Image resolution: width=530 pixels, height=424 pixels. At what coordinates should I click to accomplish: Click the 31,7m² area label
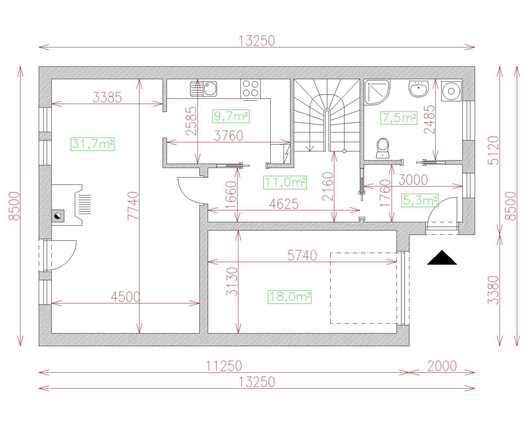93,144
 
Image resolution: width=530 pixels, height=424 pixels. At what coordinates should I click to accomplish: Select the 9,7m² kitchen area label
231,116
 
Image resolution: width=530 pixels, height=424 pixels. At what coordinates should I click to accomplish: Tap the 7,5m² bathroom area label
399,118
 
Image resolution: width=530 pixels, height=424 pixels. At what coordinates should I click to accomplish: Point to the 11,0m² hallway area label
285,183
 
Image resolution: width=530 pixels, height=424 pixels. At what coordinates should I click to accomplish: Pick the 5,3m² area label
420,200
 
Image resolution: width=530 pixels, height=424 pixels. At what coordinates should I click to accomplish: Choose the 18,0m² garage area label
290,297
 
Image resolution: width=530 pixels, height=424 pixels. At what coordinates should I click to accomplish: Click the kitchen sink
204,89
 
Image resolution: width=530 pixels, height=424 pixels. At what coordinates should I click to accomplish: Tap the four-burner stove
250,89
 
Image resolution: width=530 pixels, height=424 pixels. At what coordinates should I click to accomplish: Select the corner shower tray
377,92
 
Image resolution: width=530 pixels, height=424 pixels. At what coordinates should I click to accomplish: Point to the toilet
383,148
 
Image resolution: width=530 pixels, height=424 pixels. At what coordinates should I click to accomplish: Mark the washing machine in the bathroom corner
451,91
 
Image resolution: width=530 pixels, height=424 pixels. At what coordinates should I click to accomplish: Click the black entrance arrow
442,258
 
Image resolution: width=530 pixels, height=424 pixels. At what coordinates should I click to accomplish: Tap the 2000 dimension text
442,366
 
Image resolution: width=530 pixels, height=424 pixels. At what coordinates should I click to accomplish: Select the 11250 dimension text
224,366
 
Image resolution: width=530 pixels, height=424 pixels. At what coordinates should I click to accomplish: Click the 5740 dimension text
302,255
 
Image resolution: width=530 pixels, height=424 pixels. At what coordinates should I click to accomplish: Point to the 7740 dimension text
133,206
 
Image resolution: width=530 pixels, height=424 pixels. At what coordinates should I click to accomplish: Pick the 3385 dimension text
107,98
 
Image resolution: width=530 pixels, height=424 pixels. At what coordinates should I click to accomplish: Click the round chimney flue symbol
58,216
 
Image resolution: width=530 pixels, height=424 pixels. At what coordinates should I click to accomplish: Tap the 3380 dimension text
493,290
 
